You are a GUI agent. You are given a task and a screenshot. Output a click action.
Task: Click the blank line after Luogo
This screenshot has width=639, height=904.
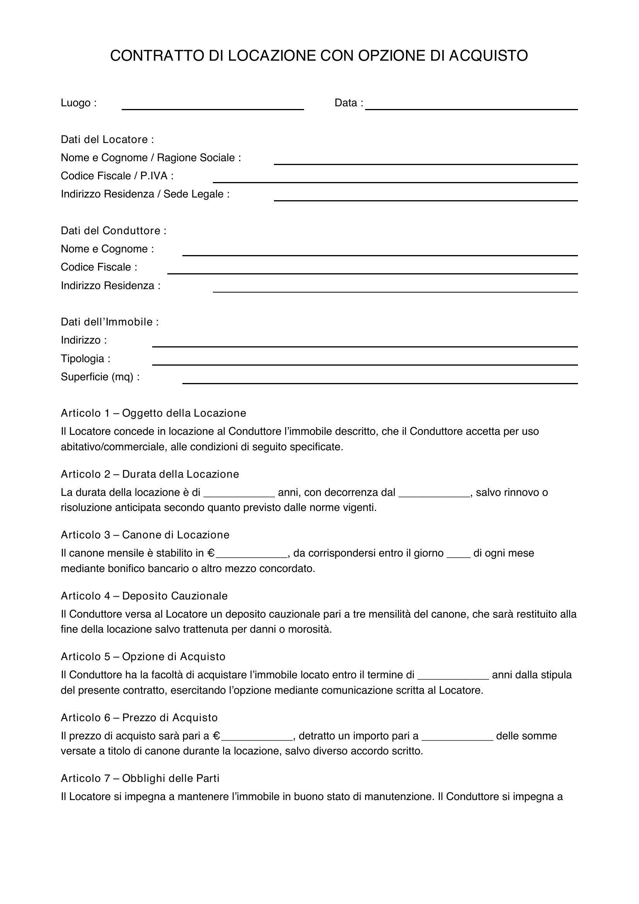[212, 106]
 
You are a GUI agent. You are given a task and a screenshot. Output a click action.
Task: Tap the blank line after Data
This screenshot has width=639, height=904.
[471, 106]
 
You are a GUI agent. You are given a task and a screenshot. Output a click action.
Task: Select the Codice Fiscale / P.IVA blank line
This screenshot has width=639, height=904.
[395, 180]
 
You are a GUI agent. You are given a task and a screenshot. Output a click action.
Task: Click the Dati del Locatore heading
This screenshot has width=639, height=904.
[107, 140]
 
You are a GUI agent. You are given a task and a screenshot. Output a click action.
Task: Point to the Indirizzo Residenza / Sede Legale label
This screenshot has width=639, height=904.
[145, 194]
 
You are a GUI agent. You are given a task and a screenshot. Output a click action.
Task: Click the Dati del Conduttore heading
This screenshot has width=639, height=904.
[113, 231]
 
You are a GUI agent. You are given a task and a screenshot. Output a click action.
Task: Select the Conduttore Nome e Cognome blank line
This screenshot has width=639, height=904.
[380, 252]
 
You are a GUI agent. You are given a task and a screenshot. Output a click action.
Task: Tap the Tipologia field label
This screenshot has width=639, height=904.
[85, 359]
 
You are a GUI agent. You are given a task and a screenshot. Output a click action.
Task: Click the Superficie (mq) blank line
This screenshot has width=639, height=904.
[380, 380]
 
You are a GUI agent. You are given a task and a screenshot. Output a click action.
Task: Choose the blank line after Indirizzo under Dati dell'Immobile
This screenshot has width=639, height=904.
[365, 344]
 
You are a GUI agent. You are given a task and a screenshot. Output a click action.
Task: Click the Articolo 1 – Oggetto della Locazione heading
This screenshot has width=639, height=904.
[153, 414]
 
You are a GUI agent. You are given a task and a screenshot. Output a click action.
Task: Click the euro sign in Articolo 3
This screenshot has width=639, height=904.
[211, 553]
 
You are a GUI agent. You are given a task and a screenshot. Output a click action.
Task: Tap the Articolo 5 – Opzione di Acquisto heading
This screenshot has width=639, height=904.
[143, 657]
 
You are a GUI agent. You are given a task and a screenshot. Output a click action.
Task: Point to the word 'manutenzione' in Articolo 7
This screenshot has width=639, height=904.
[399, 797]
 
